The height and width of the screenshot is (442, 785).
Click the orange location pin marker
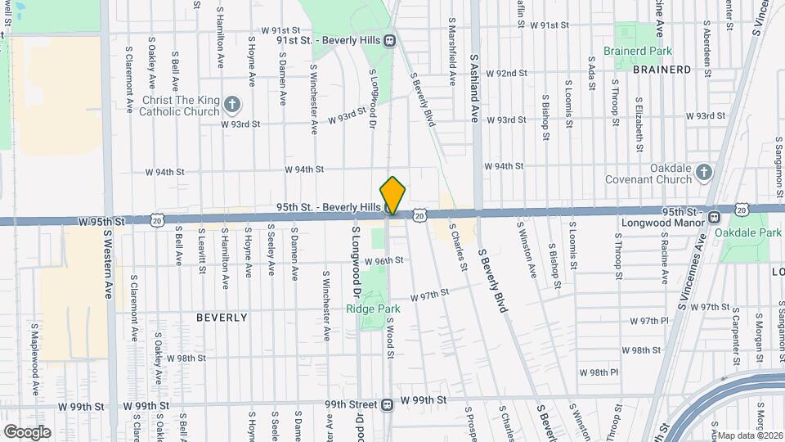coord(392,196)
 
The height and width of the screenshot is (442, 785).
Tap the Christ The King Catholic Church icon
coord(233,104)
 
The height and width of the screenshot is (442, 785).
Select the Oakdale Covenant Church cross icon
coord(705,172)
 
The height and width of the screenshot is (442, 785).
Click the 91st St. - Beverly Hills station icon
coord(391,40)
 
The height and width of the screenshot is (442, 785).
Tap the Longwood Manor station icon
coord(714,217)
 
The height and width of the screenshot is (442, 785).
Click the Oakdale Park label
coord(747,233)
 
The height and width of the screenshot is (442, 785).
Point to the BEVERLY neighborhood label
coord(222,317)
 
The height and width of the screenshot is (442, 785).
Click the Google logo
coord(26,431)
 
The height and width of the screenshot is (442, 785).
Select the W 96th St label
coord(384,260)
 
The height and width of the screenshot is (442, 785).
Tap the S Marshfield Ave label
coord(451,51)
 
